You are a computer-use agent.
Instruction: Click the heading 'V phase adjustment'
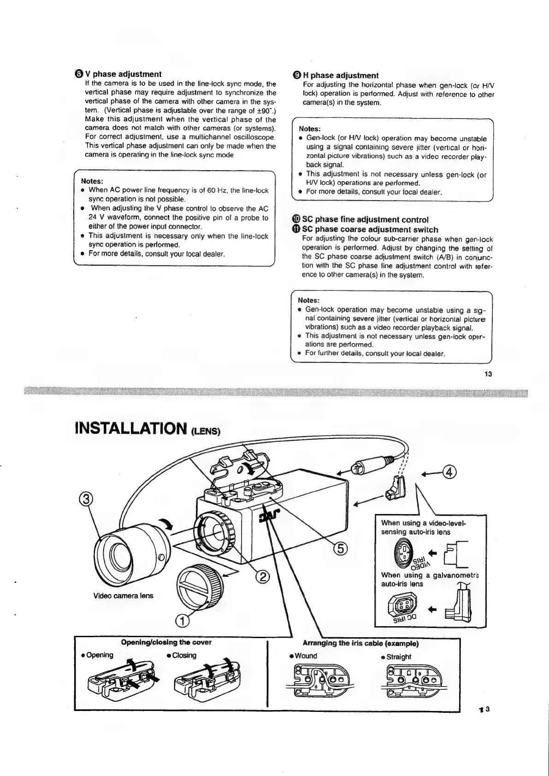pos(127,74)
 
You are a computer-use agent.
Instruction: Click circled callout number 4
pos(448,473)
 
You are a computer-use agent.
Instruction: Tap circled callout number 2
pos(262,577)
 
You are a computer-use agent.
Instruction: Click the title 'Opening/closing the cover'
pos(166,642)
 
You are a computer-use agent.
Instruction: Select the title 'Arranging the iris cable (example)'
pos(360,643)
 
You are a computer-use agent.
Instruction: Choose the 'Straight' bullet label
pos(399,657)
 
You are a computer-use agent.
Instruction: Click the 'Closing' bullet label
pos(184,655)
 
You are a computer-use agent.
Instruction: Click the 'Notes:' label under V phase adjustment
pos(92,181)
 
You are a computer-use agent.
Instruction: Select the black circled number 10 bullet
pos(296,219)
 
